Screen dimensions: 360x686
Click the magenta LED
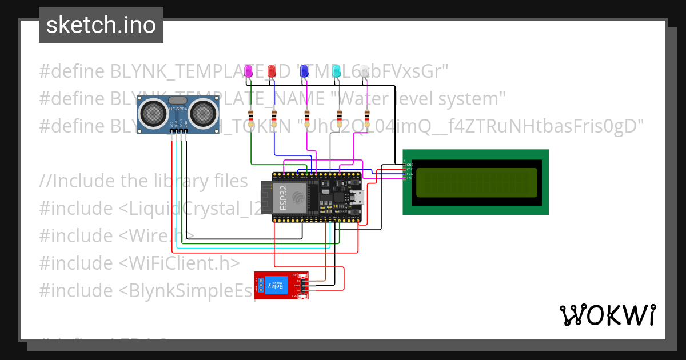tap(248, 71)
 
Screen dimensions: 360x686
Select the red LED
tap(272, 71)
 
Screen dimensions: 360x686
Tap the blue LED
tap(304, 71)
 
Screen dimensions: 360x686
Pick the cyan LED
tap(337, 71)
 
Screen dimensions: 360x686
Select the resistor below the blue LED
tap(308, 119)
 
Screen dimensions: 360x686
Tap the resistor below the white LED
tap(366, 119)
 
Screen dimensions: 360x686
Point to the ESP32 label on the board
tap(284, 197)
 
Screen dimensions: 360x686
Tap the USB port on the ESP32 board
tap(359, 198)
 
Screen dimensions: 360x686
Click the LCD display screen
tap(476, 182)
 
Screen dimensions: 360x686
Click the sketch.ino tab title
tap(101, 25)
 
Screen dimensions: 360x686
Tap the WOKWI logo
tap(607, 315)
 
